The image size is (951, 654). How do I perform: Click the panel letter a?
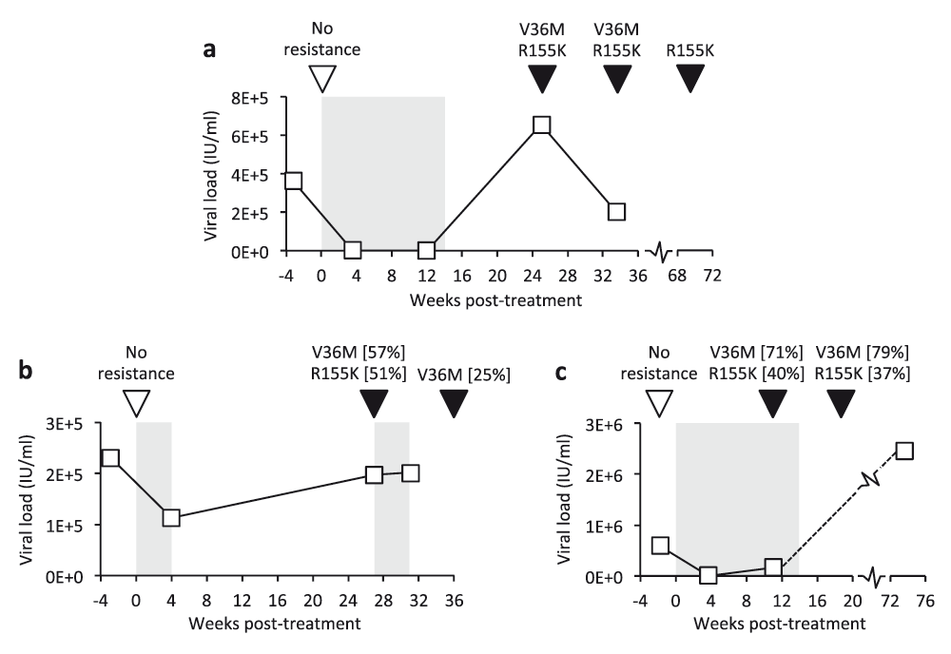point(215,50)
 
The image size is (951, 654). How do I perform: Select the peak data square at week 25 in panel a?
point(541,125)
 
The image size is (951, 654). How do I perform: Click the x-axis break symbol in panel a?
point(661,252)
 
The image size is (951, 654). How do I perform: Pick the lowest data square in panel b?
point(171,518)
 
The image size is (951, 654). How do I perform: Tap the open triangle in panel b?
point(138,404)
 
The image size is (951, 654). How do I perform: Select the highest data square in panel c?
point(904,450)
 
